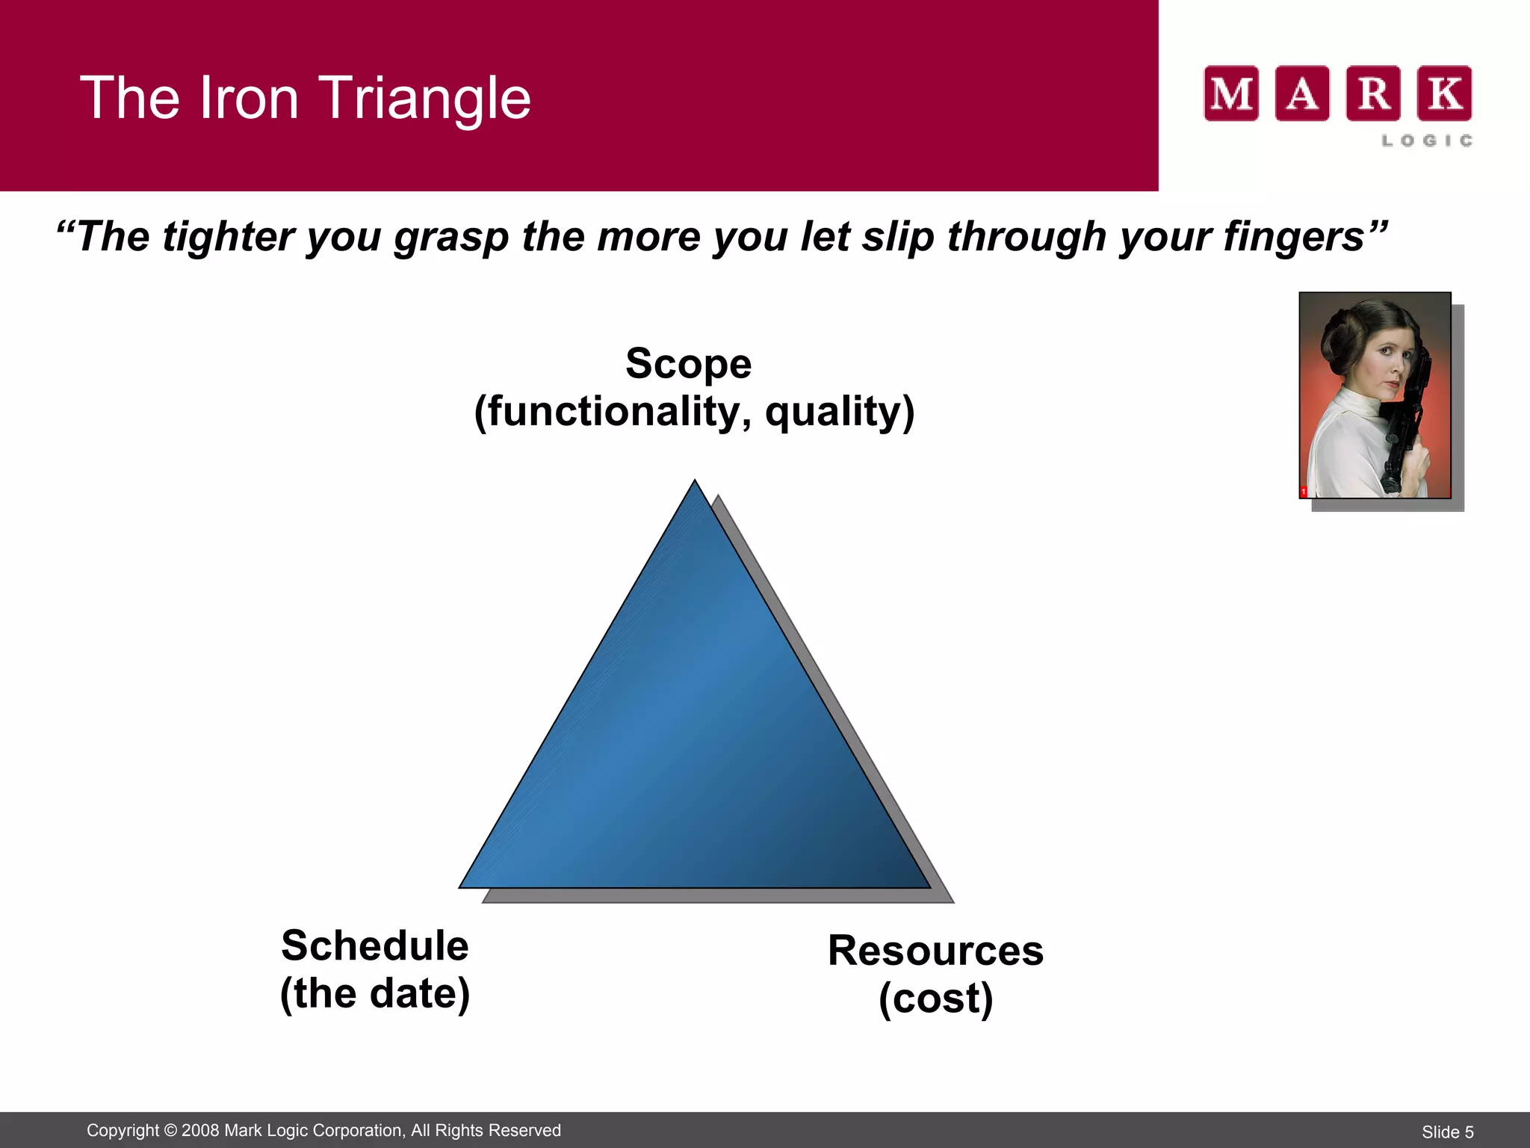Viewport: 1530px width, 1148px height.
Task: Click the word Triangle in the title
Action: tap(426, 99)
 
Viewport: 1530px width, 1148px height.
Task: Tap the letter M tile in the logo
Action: tap(1231, 93)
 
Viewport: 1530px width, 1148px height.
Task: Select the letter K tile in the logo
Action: tap(1444, 93)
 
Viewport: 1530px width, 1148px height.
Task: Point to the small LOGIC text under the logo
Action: tap(1426, 141)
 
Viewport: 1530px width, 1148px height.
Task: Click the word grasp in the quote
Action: tap(451, 238)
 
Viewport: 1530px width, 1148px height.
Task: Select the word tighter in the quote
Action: tap(229, 238)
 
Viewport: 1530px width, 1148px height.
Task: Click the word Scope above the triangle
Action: tap(688, 364)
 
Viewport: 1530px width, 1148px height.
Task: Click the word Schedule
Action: tap(375, 945)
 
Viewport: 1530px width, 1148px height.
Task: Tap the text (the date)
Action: tap(375, 994)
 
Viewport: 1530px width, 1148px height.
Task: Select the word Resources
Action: tap(935, 951)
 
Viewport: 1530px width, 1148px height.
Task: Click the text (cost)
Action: tap(935, 999)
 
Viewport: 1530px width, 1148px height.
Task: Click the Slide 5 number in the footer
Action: tap(1447, 1132)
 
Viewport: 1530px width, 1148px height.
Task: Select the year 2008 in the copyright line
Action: tap(200, 1130)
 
